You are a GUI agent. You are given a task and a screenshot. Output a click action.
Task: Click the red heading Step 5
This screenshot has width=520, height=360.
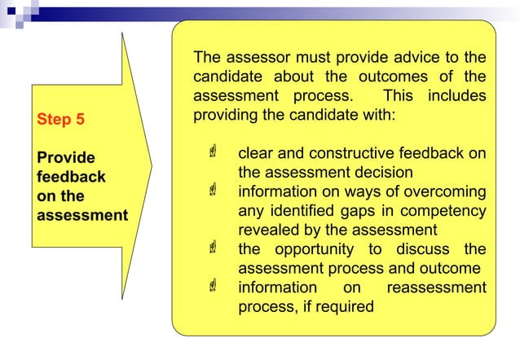tap(60, 119)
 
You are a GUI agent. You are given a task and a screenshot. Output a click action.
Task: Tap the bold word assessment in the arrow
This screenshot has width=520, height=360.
tap(82, 216)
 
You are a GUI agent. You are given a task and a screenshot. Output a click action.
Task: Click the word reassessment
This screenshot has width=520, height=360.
tap(436, 288)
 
